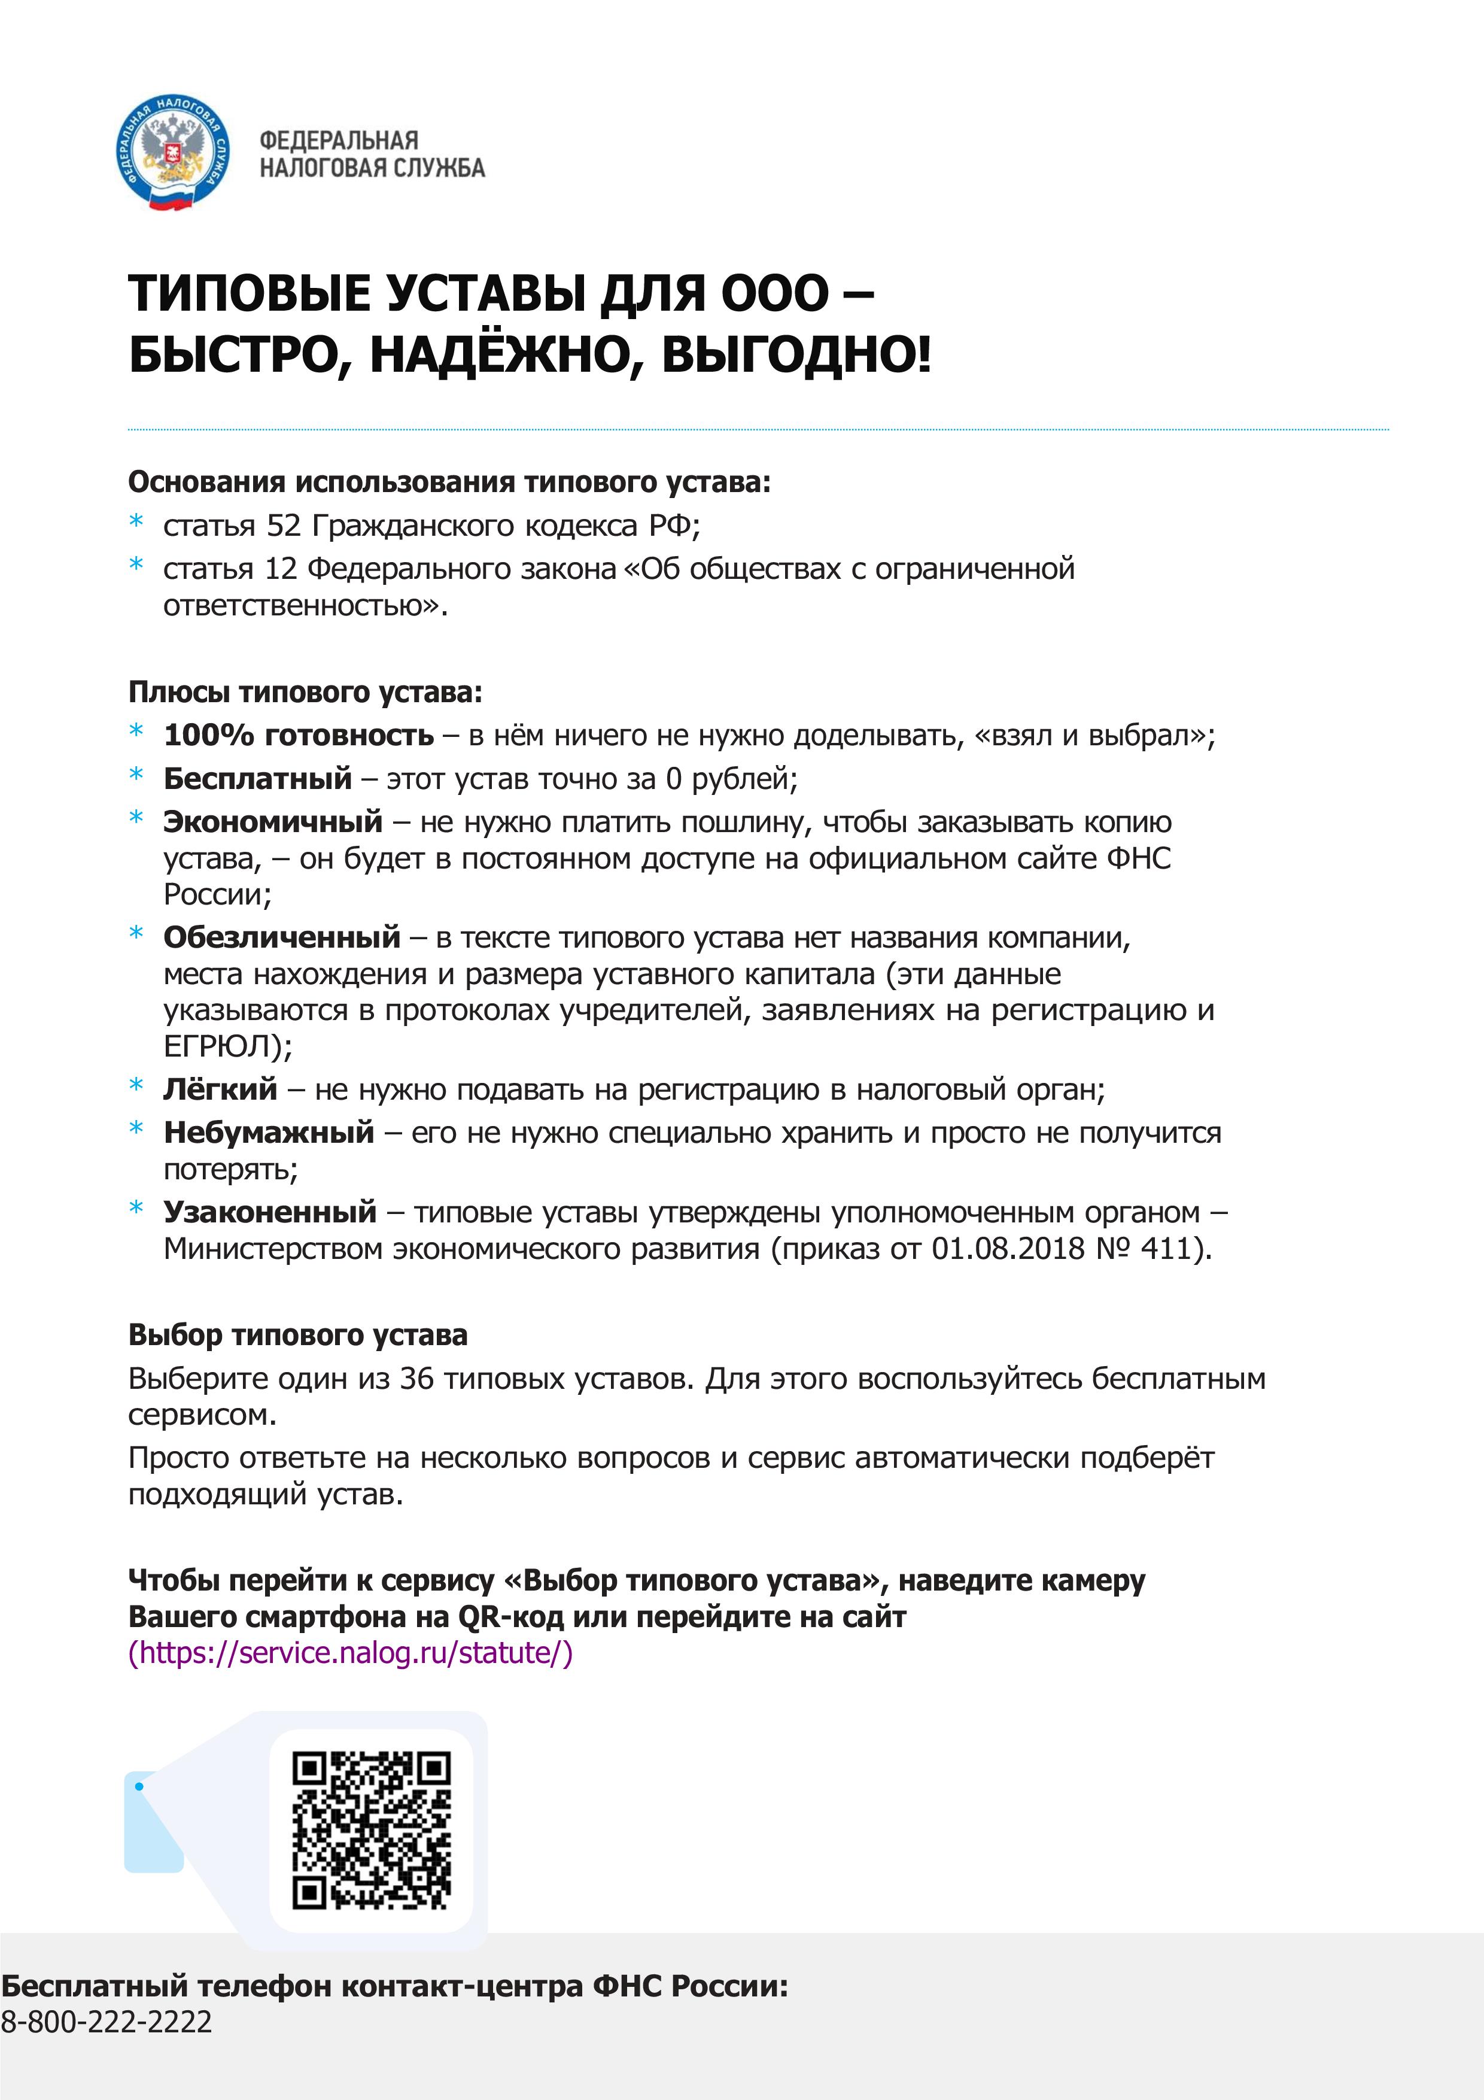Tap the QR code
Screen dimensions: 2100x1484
click(x=371, y=1830)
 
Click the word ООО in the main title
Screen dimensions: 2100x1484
click(x=774, y=293)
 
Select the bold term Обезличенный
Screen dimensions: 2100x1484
click(x=282, y=937)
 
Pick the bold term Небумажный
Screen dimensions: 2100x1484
click(x=269, y=1133)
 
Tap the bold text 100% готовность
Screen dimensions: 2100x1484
click(x=298, y=735)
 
